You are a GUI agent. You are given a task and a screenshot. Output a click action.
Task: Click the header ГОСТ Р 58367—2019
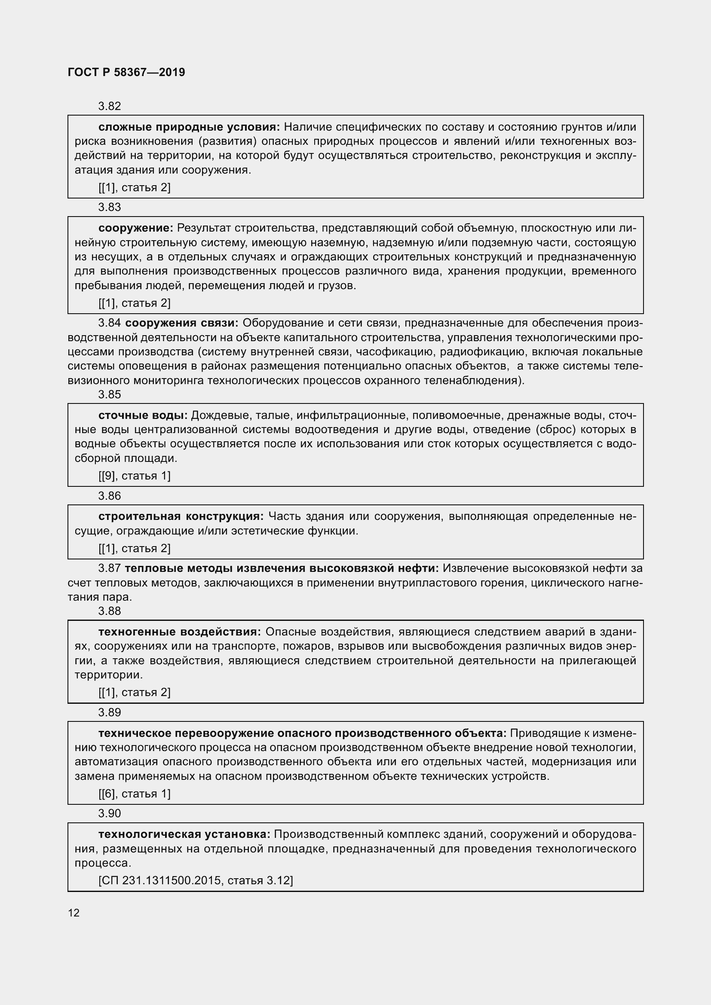click(126, 72)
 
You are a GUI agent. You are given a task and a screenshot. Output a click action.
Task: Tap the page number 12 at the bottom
click(74, 913)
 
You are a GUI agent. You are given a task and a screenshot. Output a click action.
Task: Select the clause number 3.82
click(110, 107)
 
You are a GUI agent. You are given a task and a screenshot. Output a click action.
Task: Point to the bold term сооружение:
click(136, 228)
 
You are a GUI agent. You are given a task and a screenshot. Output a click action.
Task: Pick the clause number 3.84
click(110, 323)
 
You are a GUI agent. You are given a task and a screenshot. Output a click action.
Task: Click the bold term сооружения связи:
click(181, 323)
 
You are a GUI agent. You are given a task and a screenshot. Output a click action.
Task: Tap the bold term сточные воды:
click(143, 415)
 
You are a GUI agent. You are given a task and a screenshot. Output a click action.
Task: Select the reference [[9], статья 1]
click(135, 476)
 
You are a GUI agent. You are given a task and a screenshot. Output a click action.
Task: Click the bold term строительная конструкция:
click(181, 516)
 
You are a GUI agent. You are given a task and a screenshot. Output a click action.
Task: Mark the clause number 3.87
click(110, 568)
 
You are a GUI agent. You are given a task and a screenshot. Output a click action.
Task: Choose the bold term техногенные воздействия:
click(180, 632)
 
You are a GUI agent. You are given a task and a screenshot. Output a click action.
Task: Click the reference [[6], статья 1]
click(135, 794)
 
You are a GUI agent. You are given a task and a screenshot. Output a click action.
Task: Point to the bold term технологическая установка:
click(184, 834)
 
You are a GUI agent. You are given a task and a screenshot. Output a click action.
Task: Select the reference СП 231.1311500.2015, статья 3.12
click(196, 880)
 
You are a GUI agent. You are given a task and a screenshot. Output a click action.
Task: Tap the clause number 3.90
click(110, 813)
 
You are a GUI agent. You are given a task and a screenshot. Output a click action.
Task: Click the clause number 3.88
click(110, 611)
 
